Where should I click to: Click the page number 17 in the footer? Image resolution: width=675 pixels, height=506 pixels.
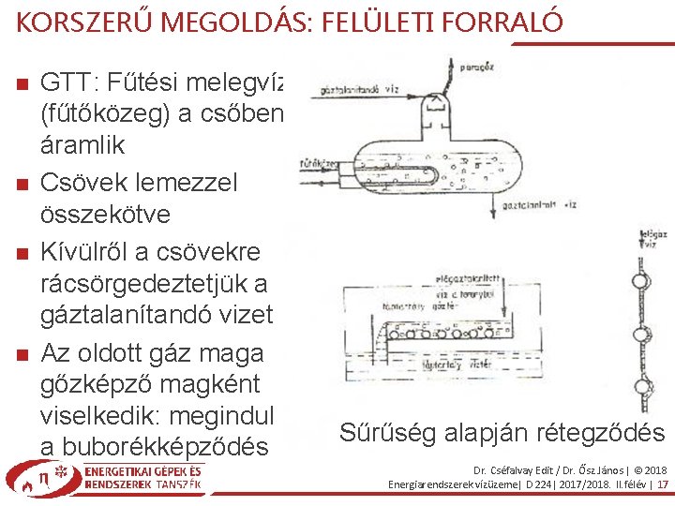point(662,484)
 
